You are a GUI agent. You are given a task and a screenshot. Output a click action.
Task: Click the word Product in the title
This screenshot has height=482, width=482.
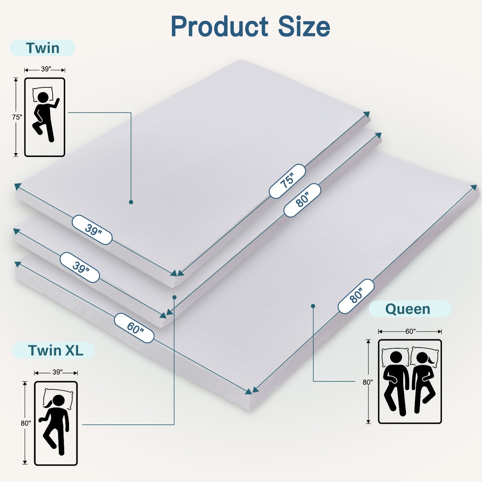[220, 27]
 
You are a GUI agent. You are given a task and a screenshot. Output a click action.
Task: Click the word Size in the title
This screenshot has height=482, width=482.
[304, 27]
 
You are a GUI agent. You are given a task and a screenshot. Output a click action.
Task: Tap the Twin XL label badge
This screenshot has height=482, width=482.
[53, 350]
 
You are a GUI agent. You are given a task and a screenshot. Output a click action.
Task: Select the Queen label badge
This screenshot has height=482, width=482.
[410, 309]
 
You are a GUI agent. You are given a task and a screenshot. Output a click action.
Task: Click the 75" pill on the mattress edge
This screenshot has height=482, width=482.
[287, 181]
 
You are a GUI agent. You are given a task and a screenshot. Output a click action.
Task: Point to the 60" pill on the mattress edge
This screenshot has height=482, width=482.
[134, 328]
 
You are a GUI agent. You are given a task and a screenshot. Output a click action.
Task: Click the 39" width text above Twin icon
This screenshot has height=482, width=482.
[45, 69]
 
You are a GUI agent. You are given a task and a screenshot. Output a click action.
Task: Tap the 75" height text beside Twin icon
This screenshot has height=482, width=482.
[17, 117]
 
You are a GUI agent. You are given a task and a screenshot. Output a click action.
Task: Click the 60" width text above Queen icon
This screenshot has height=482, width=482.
[410, 331]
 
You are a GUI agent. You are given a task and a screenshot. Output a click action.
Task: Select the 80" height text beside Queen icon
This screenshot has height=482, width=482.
[368, 382]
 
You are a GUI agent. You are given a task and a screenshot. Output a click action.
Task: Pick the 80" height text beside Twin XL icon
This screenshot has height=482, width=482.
[26, 423]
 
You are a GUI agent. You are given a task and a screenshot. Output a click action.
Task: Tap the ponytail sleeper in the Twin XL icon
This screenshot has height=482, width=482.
[55, 425]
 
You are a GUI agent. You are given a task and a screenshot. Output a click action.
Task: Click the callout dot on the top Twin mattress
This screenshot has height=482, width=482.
[131, 202]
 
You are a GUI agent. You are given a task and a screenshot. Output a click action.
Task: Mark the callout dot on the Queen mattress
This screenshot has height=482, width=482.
[313, 306]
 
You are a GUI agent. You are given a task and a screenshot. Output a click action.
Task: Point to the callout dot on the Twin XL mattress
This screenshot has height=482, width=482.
[174, 297]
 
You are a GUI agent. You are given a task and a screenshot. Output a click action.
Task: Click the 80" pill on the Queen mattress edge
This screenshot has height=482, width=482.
[356, 296]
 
